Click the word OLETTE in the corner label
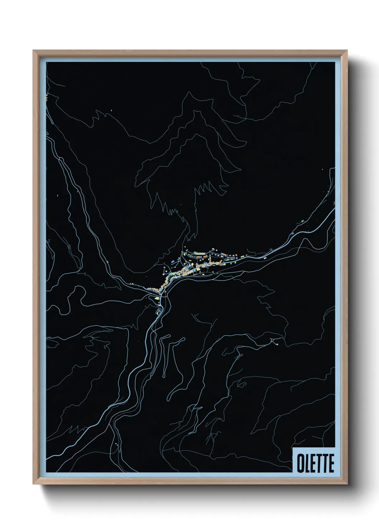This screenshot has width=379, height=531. (315, 464)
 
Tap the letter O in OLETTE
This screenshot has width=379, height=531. (300, 464)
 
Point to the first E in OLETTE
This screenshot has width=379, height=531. (313, 464)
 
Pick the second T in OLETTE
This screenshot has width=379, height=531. (325, 464)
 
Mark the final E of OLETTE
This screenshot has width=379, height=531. (331, 464)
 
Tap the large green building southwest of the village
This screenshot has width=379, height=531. (157, 298)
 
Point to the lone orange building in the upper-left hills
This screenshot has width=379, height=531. (111, 110)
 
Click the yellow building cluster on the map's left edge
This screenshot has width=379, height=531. (47, 96)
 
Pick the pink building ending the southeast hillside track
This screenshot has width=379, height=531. (277, 344)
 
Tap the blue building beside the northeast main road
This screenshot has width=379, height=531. (293, 234)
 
